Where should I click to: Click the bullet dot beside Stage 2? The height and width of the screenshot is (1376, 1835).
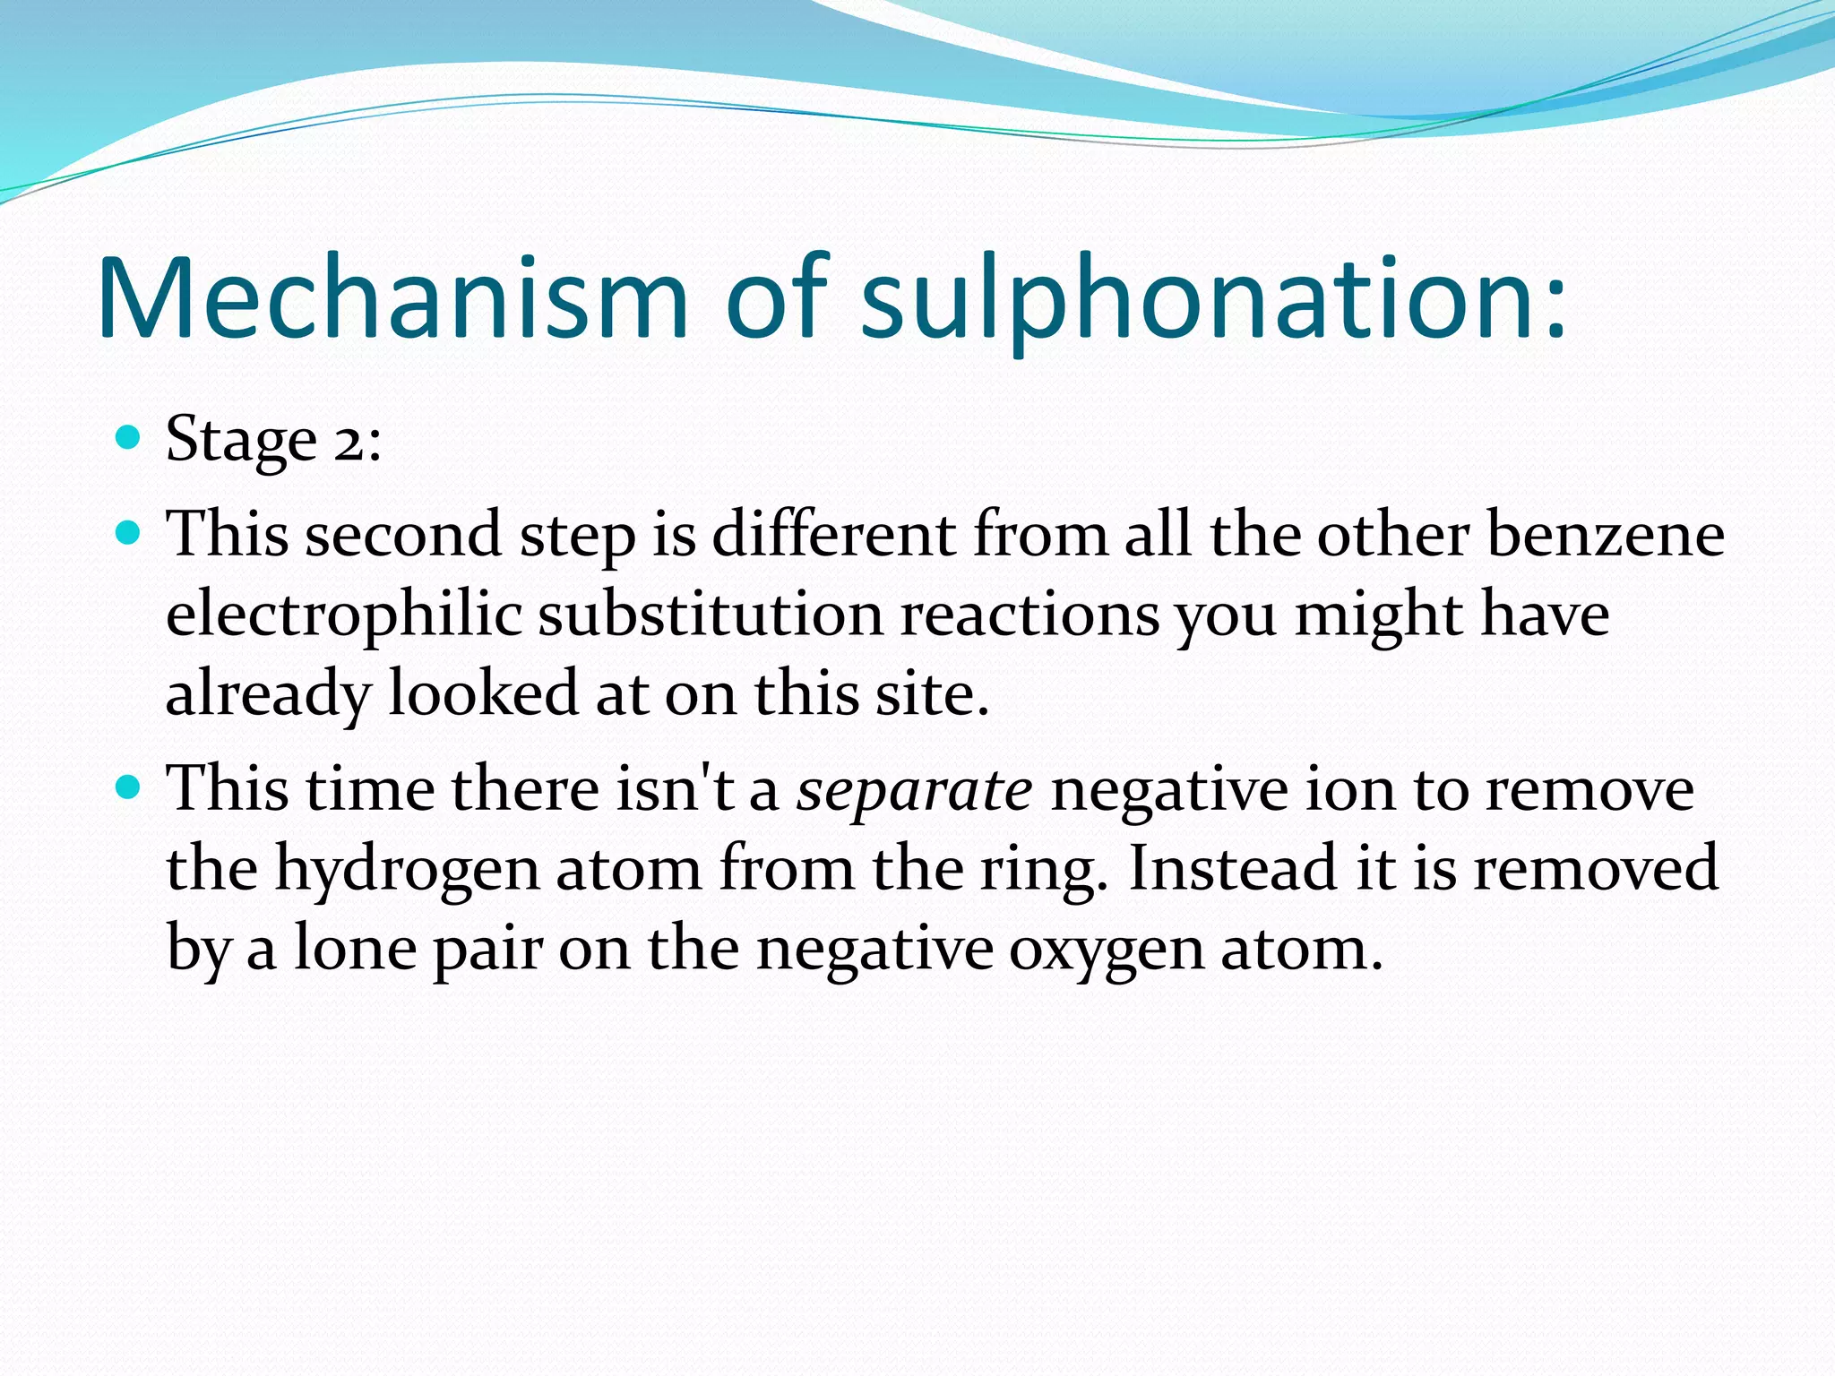pyautogui.click(x=129, y=438)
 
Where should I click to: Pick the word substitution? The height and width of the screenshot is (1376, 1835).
pyautogui.click(x=711, y=615)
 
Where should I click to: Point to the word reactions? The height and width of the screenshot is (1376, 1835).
pyautogui.click(x=1029, y=615)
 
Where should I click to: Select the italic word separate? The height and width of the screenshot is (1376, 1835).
pyautogui.click(x=915, y=790)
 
